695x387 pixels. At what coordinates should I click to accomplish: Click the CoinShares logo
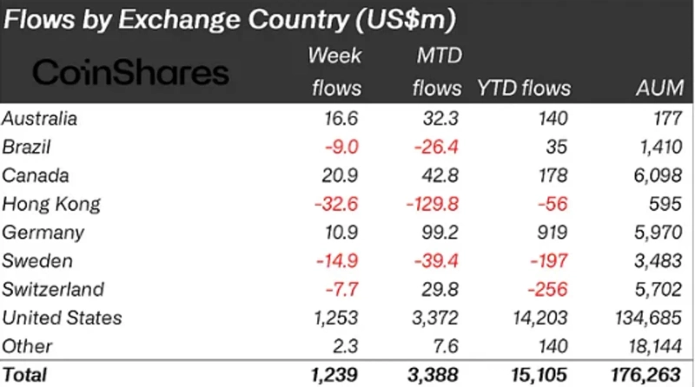point(130,72)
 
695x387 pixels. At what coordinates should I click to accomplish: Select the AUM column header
point(659,89)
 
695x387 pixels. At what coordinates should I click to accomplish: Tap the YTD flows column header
point(524,89)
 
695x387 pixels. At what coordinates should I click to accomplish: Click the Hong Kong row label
point(51,204)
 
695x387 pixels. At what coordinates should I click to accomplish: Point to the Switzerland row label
point(53,289)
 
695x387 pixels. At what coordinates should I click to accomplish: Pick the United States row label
point(62,318)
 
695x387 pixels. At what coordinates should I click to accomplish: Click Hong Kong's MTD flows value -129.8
point(431,204)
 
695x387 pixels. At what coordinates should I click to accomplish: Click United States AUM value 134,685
point(650,318)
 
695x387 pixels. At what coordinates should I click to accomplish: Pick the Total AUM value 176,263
point(648,375)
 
